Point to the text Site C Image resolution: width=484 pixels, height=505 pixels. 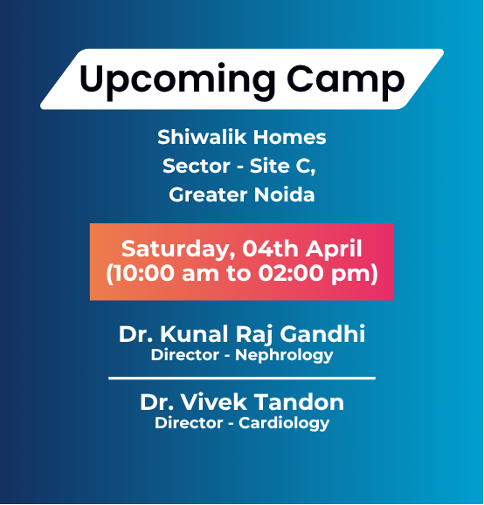283,166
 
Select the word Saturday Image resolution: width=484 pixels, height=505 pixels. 174,249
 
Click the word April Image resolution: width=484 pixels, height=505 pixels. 333,248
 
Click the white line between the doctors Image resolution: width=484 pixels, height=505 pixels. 242,379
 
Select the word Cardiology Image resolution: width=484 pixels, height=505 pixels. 289,424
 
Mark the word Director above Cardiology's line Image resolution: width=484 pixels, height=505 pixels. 190,424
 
